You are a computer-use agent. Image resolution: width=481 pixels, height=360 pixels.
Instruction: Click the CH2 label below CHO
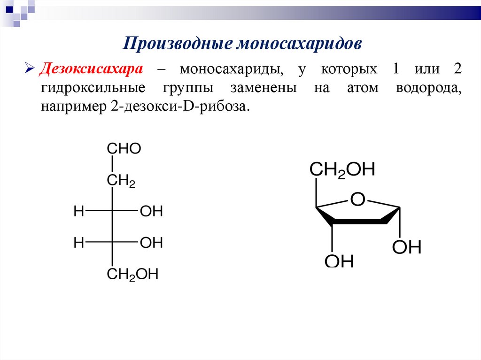coord(121,180)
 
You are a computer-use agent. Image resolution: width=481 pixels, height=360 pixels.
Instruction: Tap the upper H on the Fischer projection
coord(79,212)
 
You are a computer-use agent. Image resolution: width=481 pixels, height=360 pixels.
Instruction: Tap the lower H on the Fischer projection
coord(79,243)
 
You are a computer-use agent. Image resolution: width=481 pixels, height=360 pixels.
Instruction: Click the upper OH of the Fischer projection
coord(151,212)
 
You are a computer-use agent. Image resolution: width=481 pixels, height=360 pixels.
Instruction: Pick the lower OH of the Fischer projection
coord(151,243)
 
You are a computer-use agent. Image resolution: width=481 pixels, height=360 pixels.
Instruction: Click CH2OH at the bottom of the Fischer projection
coord(132,275)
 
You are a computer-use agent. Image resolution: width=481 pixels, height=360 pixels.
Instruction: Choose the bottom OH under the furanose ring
coord(339,261)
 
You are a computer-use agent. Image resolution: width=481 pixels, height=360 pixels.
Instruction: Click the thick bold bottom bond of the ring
coord(359,221)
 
